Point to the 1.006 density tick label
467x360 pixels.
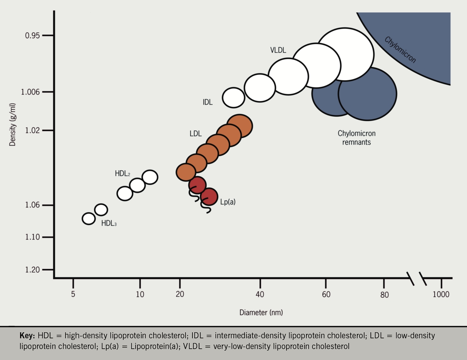pos(30,92)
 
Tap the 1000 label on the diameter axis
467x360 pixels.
pos(441,295)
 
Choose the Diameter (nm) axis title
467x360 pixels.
pos(261,312)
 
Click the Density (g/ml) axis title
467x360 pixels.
pos(13,124)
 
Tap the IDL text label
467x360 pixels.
pos(208,102)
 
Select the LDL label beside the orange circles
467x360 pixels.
pos(195,134)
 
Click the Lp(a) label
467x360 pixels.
pos(228,202)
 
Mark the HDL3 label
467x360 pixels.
pos(109,223)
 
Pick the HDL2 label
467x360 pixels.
pos(122,174)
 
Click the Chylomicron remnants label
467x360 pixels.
pos(357,138)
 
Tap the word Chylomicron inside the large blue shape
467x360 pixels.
pos(400,50)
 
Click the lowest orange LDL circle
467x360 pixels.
pos(186,172)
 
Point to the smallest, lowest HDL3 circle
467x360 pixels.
pos(89,219)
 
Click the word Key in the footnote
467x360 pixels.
pos(28,336)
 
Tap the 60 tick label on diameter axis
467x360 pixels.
pos(326,295)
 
